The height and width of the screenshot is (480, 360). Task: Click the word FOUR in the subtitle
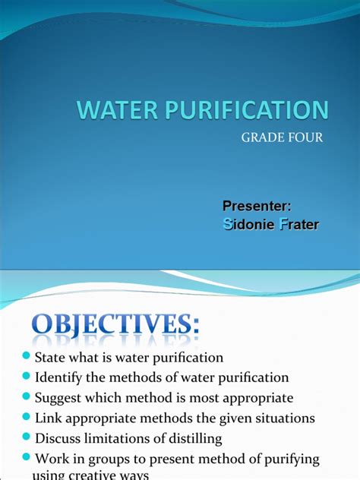305,137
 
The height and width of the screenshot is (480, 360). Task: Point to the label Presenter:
257,206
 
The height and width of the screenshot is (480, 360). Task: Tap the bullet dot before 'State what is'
27,357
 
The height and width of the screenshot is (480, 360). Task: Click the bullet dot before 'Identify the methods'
27,377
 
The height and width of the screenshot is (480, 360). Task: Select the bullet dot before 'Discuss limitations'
27,437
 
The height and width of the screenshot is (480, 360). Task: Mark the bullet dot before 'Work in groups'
27,457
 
